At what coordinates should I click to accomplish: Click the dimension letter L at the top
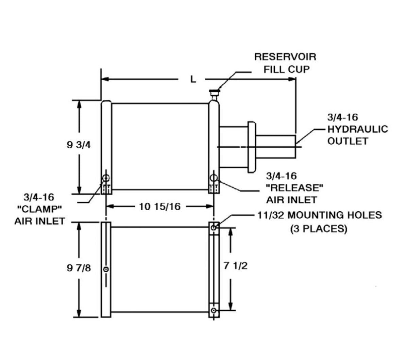pos(193,79)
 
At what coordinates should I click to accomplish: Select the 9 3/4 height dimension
pos(79,145)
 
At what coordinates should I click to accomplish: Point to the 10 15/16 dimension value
pos(160,207)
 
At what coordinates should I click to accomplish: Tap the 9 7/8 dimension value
pos(79,268)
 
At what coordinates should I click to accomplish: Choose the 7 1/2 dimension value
pos(236,266)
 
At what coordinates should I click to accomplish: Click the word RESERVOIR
pos(285,57)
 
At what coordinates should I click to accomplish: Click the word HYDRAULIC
pos(358,129)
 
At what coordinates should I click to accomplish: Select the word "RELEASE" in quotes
pos(294,188)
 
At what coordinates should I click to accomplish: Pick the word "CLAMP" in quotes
pos(39,209)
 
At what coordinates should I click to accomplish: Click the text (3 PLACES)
pos(319,229)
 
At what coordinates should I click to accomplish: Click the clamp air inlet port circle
pos(106,178)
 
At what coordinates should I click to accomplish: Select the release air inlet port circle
pos(214,178)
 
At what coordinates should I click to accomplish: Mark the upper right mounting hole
pos(214,228)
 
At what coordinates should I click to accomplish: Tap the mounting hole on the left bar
pos(106,269)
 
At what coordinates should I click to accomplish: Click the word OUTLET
pos(348,141)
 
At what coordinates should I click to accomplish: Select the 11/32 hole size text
pos(271,215)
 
